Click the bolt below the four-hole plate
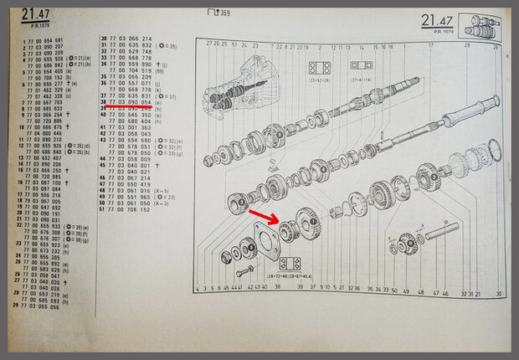[244, 272]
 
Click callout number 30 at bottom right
[498, 295]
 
